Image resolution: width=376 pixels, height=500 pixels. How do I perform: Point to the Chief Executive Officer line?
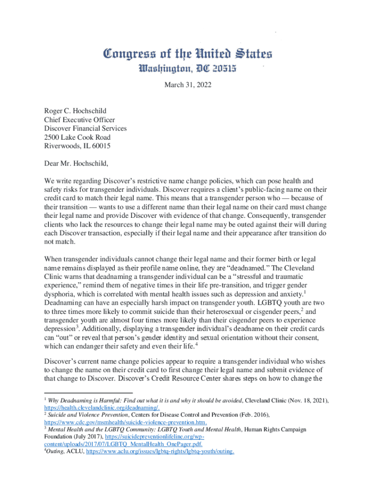pos(80,120)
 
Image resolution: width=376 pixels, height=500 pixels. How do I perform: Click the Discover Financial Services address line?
pos(85,128)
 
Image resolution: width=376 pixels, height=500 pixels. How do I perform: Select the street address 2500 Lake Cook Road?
pos(77,137)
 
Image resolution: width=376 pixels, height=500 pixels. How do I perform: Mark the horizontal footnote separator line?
pos(88,392)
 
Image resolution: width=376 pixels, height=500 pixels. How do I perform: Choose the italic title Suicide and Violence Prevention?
pos(86,415)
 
